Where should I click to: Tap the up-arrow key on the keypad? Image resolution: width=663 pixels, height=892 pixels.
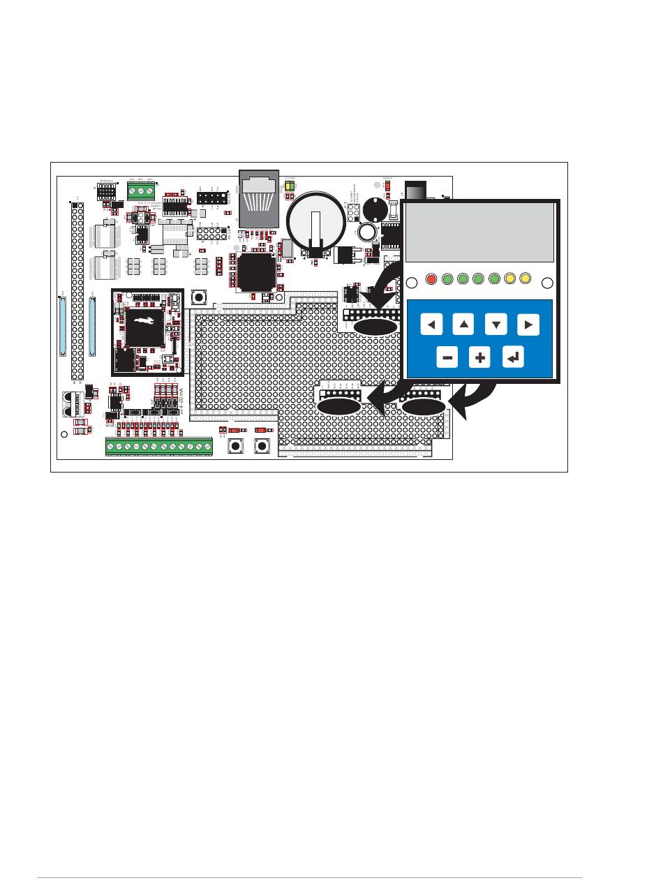(x=463, y=324)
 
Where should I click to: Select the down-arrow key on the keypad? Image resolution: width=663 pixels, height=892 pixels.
(x=496, y=324)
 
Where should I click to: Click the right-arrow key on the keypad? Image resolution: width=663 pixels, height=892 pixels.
(x=528, y=324)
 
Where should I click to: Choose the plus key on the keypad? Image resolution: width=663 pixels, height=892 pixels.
(x=480, y=357)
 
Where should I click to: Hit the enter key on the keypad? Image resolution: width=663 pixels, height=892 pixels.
(x=513, y=357)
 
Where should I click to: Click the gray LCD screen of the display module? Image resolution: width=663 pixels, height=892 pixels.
(x=480, y=235)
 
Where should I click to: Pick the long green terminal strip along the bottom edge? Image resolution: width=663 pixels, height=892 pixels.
(x=159, y=446)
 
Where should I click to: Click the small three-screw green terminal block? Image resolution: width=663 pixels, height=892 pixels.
(x=141, y=191)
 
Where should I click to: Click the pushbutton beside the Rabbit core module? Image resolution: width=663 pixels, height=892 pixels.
(x=200, y=298)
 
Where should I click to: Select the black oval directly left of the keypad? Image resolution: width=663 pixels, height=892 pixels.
(x=375, y=327)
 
